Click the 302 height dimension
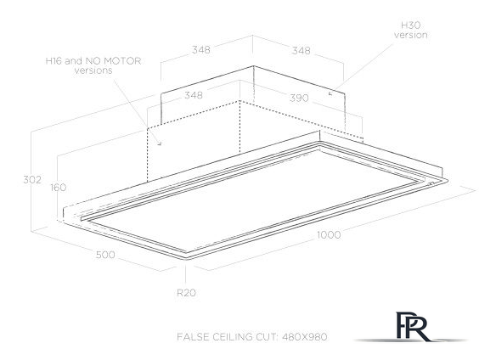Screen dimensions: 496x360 click(x=32, y=180)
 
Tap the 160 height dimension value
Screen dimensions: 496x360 click(x=59, y=188)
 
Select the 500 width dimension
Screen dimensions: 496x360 click(x=105, y=255)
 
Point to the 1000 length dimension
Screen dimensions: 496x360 click(x=329, y=235)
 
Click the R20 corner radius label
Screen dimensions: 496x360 click(x=186, y=293)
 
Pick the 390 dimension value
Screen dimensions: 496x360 click(x=299, y=98)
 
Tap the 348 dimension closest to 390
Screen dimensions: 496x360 click(x=194, y=95)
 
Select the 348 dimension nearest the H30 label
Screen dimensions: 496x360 click(x=301, y=51)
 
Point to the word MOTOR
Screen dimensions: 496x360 click(x=124, y=61)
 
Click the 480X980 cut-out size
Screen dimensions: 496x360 click(x=305, y=337)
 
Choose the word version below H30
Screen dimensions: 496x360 click(x=410, y=35)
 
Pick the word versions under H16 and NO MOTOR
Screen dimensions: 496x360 click(x=93, y=70)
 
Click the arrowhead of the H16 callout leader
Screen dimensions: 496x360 click(x=161, y=144)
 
